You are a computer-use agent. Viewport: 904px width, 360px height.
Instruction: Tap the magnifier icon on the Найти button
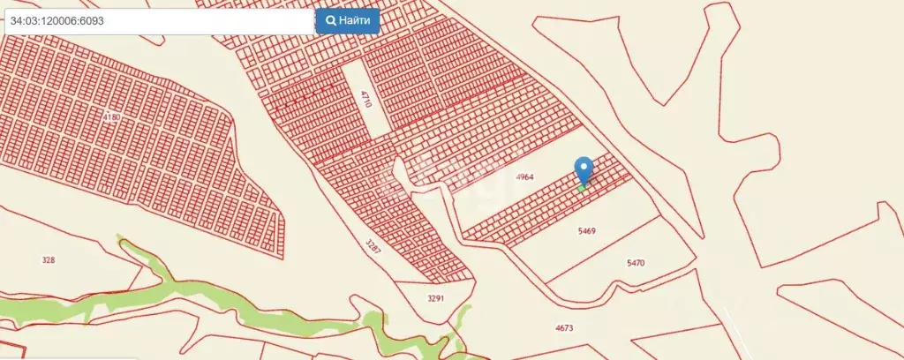pos(332,19)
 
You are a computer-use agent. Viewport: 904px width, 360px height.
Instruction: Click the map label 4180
pos(111,116)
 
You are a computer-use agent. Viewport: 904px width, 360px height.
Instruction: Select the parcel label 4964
pos(525,177)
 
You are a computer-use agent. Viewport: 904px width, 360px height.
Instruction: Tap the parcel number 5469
pos(587,231)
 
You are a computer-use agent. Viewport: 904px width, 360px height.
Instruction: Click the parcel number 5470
pos(636,263)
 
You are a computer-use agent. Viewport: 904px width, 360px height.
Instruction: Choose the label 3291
pos(434,298)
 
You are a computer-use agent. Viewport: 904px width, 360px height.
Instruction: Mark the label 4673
pos(564,328)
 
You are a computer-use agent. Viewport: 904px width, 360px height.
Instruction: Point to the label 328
pos(49,259)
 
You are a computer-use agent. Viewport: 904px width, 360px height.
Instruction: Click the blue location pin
pos(584,170)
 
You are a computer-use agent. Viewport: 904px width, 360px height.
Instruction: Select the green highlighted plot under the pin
pos(582,187)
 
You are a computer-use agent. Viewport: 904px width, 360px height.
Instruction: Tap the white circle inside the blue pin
pos(584,167)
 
